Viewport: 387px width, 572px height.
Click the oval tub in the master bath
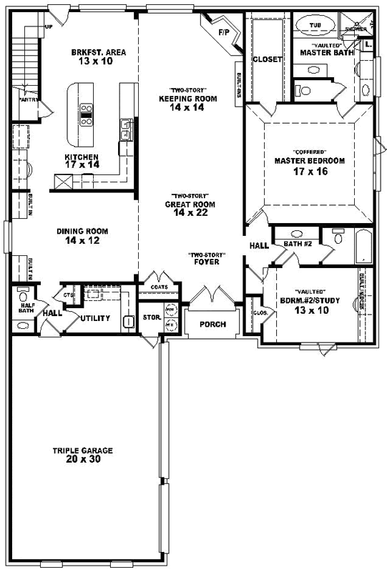(x=315, y=25)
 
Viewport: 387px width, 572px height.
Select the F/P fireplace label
(x=222, y=32)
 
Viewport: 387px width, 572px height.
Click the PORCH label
(x=212, y=325)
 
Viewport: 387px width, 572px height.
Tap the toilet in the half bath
(x=24, y=295)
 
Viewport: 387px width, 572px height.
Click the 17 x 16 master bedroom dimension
(x=309, y=172)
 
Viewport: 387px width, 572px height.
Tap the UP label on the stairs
(x=49, y=27)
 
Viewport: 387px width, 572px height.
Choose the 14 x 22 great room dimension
(x=189, y=212)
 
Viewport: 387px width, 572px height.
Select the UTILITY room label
(x=94, y=317)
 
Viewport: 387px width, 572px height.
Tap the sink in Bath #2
(x=295, y=234)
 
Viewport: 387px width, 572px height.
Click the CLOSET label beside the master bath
(x=267, y=59)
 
